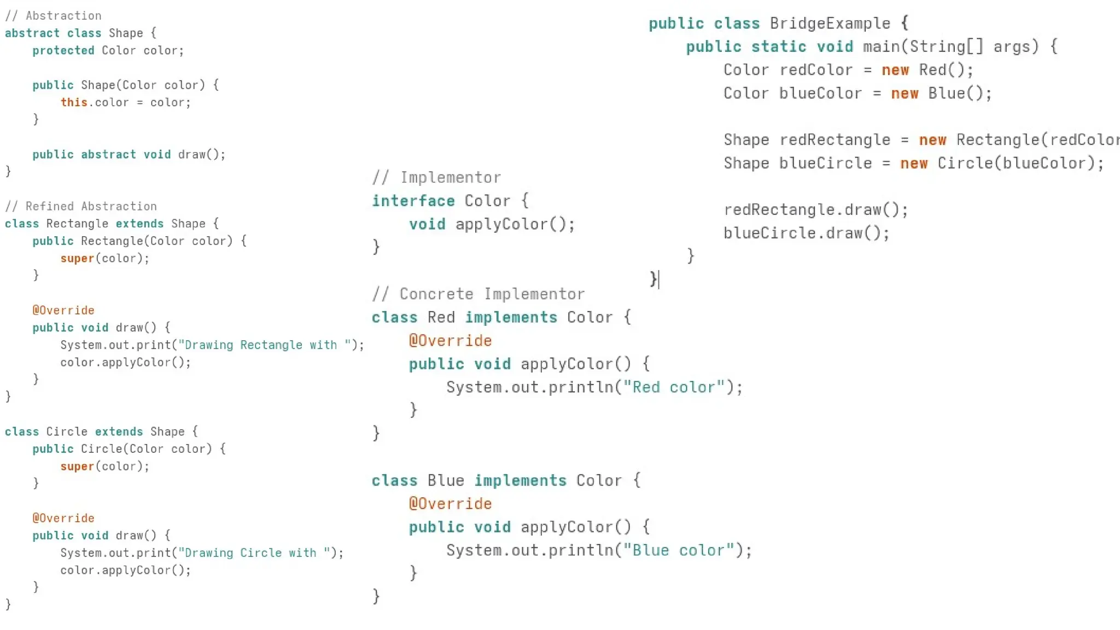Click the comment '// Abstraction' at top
(x=53, y=16)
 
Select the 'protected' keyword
(x=63, y=50)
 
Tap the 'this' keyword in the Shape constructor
(x=74, y=102)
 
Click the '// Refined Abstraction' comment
(x=81, y=206)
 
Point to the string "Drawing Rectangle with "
(x=264, y=345)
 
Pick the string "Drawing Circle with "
(x=254, y=553)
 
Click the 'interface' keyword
(x=413, y=201)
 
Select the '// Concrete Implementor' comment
(x=479, y=294)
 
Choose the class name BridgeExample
(x=830, y=24)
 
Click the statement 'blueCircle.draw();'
(x=806, y=233)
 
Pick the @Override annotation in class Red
(x=450, y=341)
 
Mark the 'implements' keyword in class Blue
(x=520, y=480)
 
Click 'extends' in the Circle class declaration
(x=119, y=431)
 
